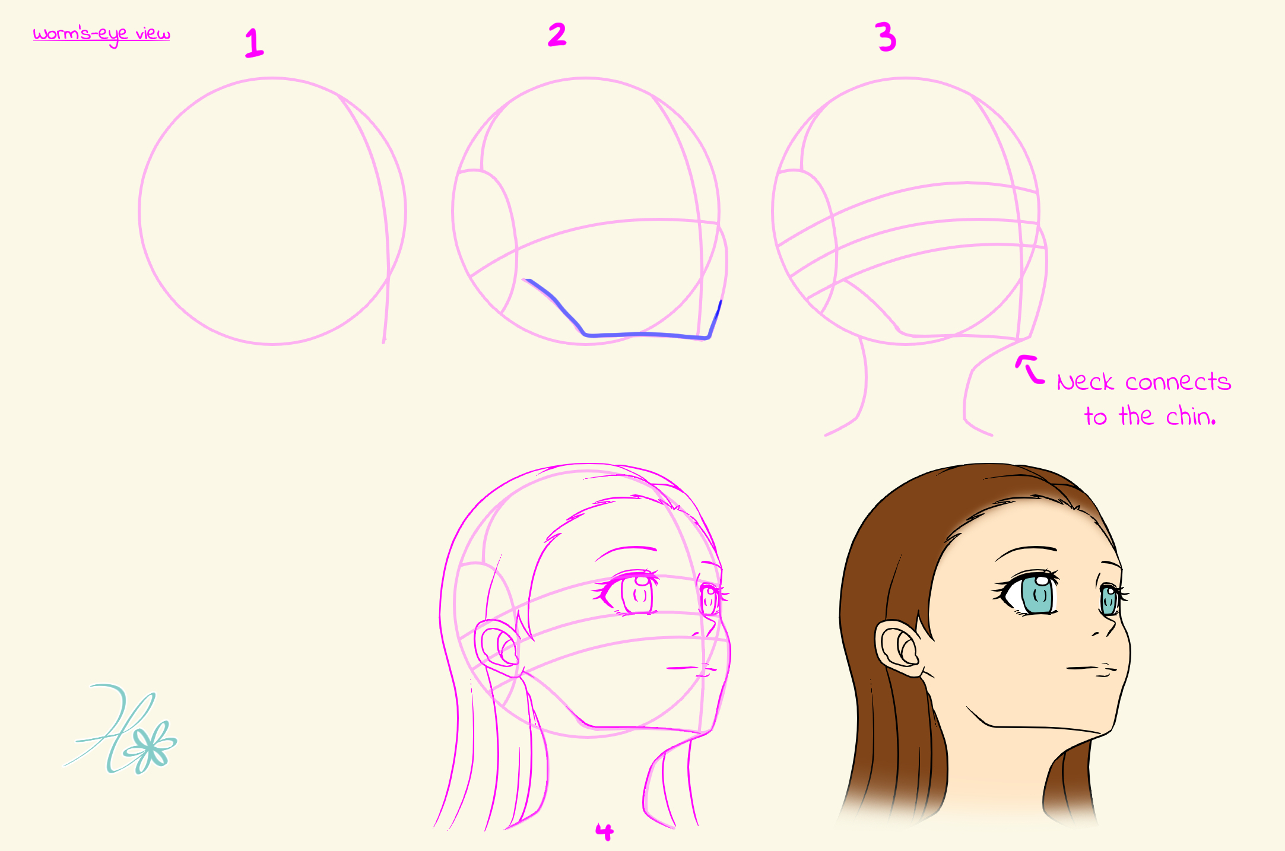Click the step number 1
pyautogui.click(x=254, y=43)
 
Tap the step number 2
pyautogui.click(x=557, y=34)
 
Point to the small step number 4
pyautogui.click(x=604, y=831)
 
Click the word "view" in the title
pyautogui.click(x=153, y=33)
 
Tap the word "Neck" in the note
pyautogui.click(x=1085, y=382)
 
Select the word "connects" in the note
pyautogui.click(x=1178, y=382)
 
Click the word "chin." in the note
pyautogui.click(x=1191, y=416)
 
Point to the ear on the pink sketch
pyautogui.click(x=499, y=649)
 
